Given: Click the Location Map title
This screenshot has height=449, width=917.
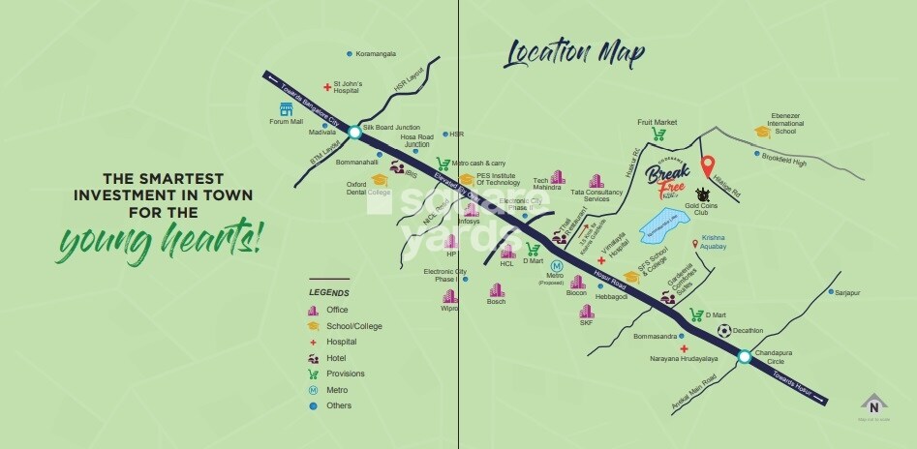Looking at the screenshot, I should pos(574,54).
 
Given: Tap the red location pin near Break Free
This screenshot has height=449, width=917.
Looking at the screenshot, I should pos(708,165).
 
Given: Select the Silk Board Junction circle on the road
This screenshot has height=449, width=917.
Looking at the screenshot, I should pos(354,132).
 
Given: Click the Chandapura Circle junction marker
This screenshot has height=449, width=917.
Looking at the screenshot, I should pos(744,357).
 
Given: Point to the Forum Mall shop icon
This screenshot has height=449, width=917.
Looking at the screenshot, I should pos(286,109).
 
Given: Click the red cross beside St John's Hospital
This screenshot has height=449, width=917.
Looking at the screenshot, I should pos(327,88).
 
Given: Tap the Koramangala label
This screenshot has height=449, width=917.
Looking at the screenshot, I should pos(377,53).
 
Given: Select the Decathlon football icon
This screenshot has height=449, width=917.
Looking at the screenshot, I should pos(723,331).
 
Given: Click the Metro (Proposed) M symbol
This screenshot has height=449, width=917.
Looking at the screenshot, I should pos(556,265).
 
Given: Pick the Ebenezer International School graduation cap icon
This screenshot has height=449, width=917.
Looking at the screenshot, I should pos(764,132).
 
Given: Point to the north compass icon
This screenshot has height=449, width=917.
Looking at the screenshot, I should pos(873,405).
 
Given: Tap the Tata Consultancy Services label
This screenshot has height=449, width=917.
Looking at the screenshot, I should pos(616,195).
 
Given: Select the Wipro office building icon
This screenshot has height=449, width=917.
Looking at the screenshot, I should pos(449,296).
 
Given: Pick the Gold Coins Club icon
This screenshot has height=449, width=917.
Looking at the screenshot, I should pos(716,194).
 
